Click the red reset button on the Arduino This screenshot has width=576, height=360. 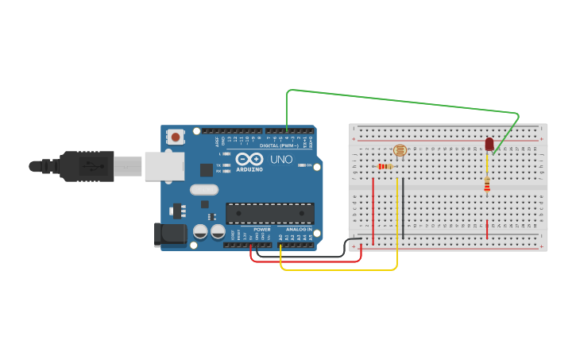pos(176,137)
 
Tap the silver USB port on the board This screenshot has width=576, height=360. pos(164,166)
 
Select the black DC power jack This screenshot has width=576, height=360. pos(169,234)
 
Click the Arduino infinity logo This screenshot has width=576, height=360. pos(249,159)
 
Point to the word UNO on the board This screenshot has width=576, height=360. pos(282,160)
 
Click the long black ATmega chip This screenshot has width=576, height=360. pos(269,213)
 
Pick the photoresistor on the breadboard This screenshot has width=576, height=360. pos(400,150)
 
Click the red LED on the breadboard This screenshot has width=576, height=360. pos(489,144)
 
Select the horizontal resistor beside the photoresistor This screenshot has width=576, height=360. pos(386,166)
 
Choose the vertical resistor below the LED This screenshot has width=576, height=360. pos(487,185)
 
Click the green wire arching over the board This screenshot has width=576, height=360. pos(397,100)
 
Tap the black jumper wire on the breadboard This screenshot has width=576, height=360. pos(403,208)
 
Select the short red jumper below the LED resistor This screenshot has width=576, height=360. pos(487,229)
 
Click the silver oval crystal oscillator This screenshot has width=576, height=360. pos(203,189)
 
